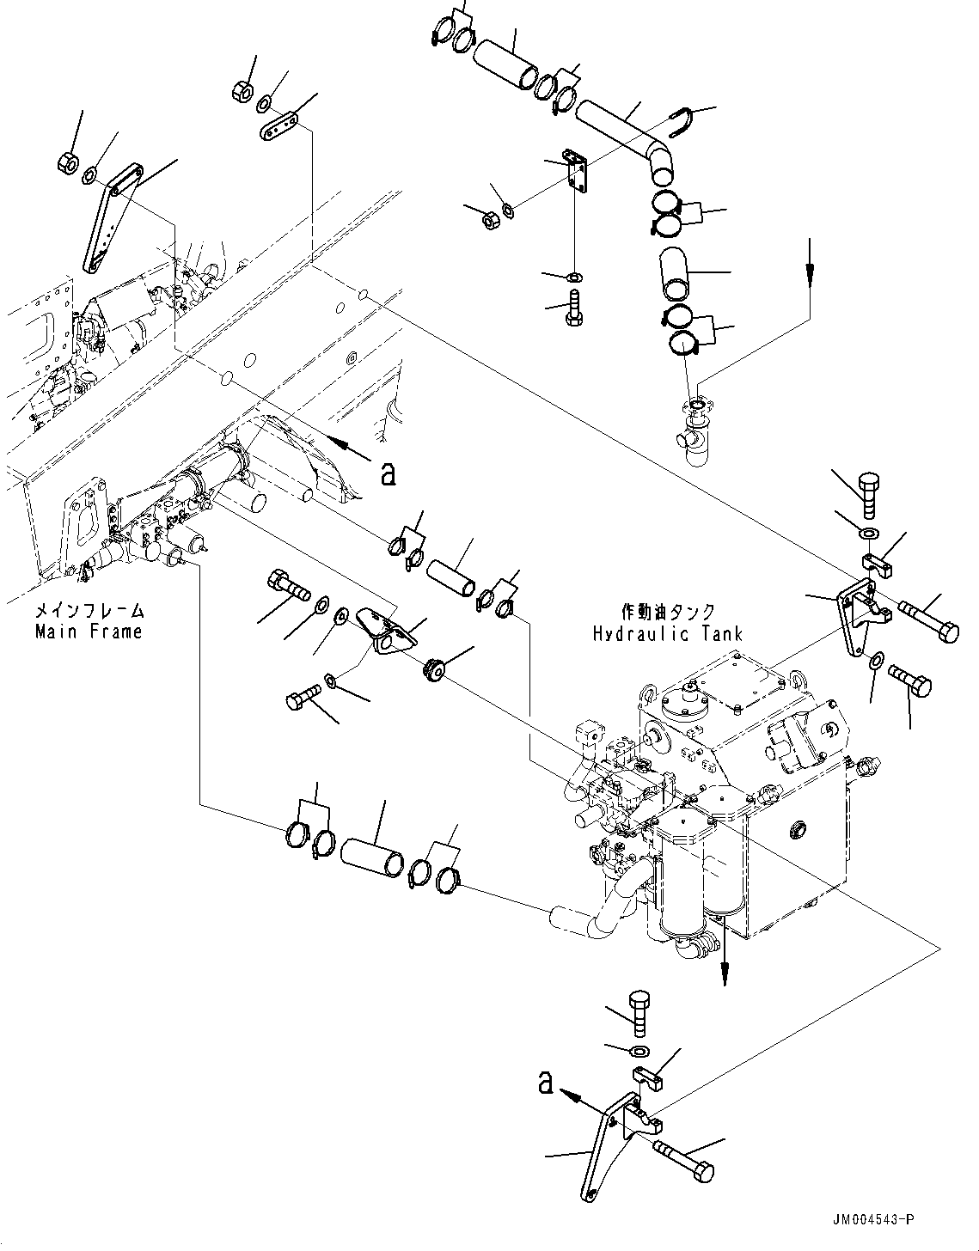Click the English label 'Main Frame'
click(x=89, y=632)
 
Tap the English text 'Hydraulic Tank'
click(x=667, y=634)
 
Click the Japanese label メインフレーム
click(x=89, y=613)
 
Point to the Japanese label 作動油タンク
click(x=668, y=613)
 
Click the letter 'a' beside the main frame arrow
click(x=389, y=473)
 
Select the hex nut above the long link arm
click(x=70, y=161)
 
